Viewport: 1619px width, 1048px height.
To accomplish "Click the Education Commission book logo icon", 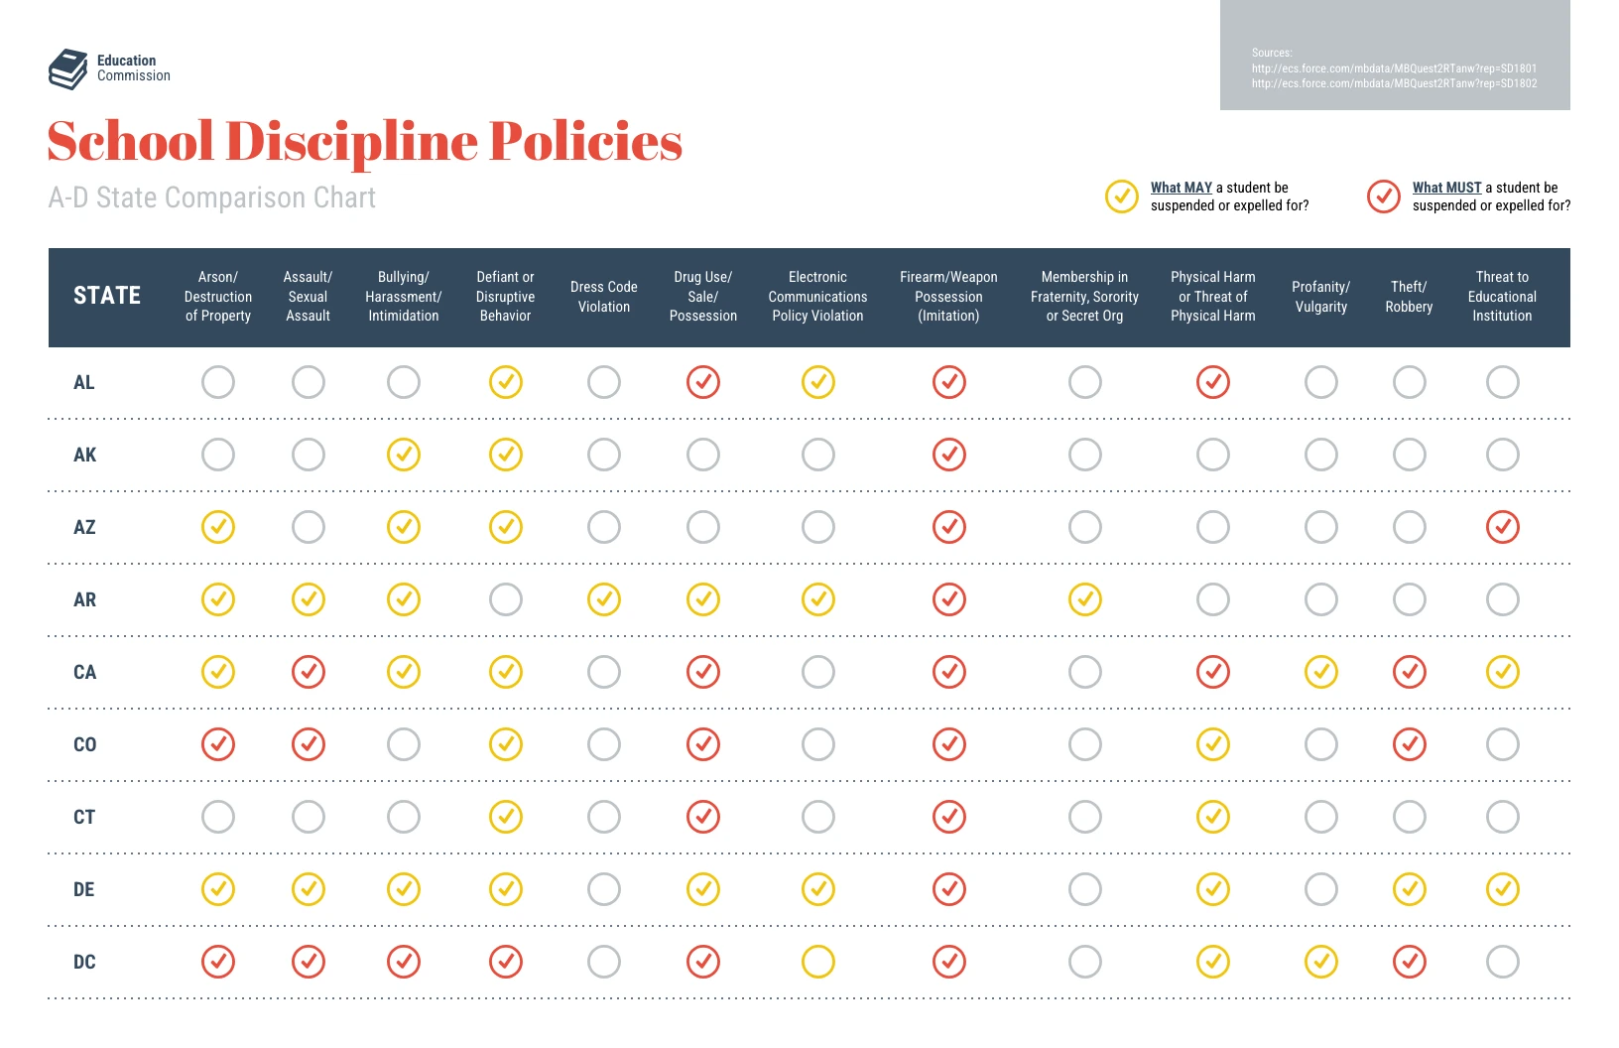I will coord(67,69).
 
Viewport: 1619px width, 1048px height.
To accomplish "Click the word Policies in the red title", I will coord(585,142).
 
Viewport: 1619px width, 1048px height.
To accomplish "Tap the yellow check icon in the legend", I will coord(1121,196).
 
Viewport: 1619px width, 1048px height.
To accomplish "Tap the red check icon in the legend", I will coord(1383,196).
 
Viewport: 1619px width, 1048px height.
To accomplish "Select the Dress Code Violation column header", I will coord(603,297).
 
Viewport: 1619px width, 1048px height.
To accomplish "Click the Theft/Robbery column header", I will coord(1409,297).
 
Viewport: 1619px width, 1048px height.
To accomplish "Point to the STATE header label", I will coord(107,296).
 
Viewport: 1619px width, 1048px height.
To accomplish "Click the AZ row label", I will coord(84,527).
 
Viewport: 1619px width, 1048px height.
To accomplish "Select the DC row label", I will coord(84,962).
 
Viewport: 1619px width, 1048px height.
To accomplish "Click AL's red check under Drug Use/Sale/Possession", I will coord(702,382).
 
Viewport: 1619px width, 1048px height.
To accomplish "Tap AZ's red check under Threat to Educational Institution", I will coord(1502,527).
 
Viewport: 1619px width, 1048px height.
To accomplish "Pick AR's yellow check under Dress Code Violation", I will coord(603,599).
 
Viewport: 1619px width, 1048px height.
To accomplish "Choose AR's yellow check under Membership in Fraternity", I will coord(1084,599).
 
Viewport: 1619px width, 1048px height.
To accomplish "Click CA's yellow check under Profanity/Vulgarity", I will coord(1320,672).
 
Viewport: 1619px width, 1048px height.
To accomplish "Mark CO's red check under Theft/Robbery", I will coord(1409,744).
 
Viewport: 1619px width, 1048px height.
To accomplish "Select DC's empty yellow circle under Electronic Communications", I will coord(817,962).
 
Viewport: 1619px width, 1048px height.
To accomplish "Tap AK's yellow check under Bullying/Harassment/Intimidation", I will coord(403,455).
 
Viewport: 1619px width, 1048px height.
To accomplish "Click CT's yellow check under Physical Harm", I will coord(1212,817).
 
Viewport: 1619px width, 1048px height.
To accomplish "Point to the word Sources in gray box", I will coord(1271,53).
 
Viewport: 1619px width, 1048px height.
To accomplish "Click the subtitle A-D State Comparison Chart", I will coord(211,197).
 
